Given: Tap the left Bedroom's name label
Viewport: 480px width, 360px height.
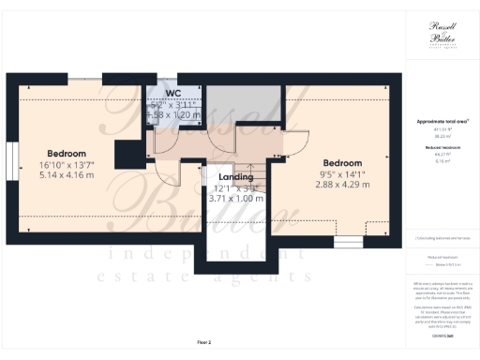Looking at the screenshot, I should pos(67,153).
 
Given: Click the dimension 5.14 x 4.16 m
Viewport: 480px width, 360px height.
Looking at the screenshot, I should pos(67,174).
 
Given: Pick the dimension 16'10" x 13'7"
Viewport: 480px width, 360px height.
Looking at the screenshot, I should pos(67,164).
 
